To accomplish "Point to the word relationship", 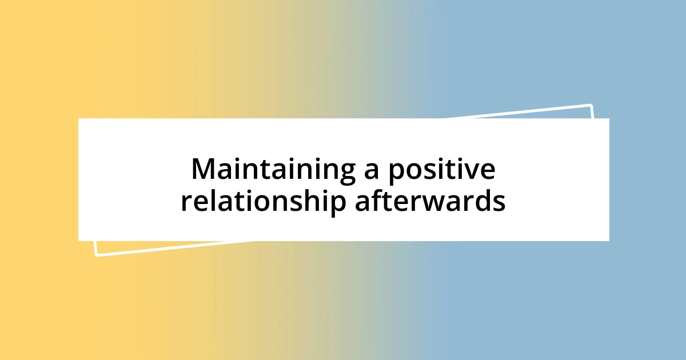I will (264, 201).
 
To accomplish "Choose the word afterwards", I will (430, 201).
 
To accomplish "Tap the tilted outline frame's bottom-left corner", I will (97, 255).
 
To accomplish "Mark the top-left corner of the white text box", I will (78, 118).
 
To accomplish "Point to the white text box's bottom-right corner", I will (609, 241).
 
